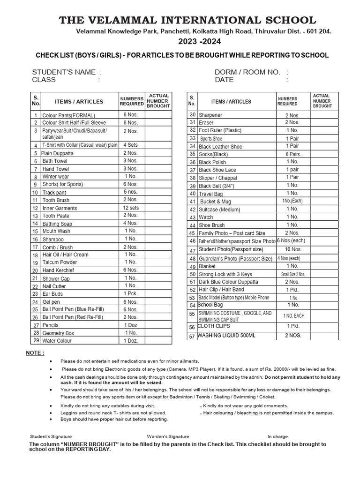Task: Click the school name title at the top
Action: [187, 20]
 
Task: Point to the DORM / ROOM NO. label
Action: [247, 72]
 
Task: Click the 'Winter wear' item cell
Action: [56, 177]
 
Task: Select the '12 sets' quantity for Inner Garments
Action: [131, 208]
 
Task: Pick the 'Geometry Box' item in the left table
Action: [58, 333]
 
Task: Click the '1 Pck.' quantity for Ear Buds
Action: [131, 294]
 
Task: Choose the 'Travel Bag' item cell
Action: [211, 194]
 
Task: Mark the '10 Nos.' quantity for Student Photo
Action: [293, 249]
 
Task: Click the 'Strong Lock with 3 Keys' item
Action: [225, 274]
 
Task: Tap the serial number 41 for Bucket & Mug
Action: [192, 202]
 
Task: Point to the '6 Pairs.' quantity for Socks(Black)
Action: [293, 154]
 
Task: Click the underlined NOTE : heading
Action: [35, 352]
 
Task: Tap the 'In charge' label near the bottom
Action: [278, 436]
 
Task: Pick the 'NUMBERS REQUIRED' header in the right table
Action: [288, 101]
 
